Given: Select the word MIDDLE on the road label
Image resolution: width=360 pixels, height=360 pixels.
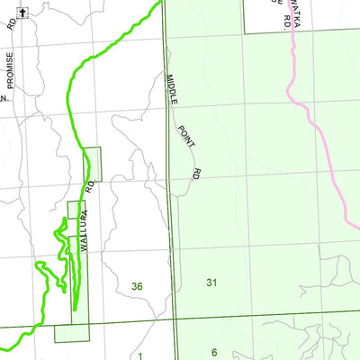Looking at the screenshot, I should click(170, 90).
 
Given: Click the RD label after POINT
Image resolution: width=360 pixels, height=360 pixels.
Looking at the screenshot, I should click(194, 170).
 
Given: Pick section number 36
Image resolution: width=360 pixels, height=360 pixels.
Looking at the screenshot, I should click(137, 286).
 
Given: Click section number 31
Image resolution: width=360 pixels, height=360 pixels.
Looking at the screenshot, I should click(211, 283).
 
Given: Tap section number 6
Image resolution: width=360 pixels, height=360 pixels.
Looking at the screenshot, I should click(215, 352).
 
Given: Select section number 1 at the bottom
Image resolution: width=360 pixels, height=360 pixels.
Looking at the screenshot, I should click(140, 355).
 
